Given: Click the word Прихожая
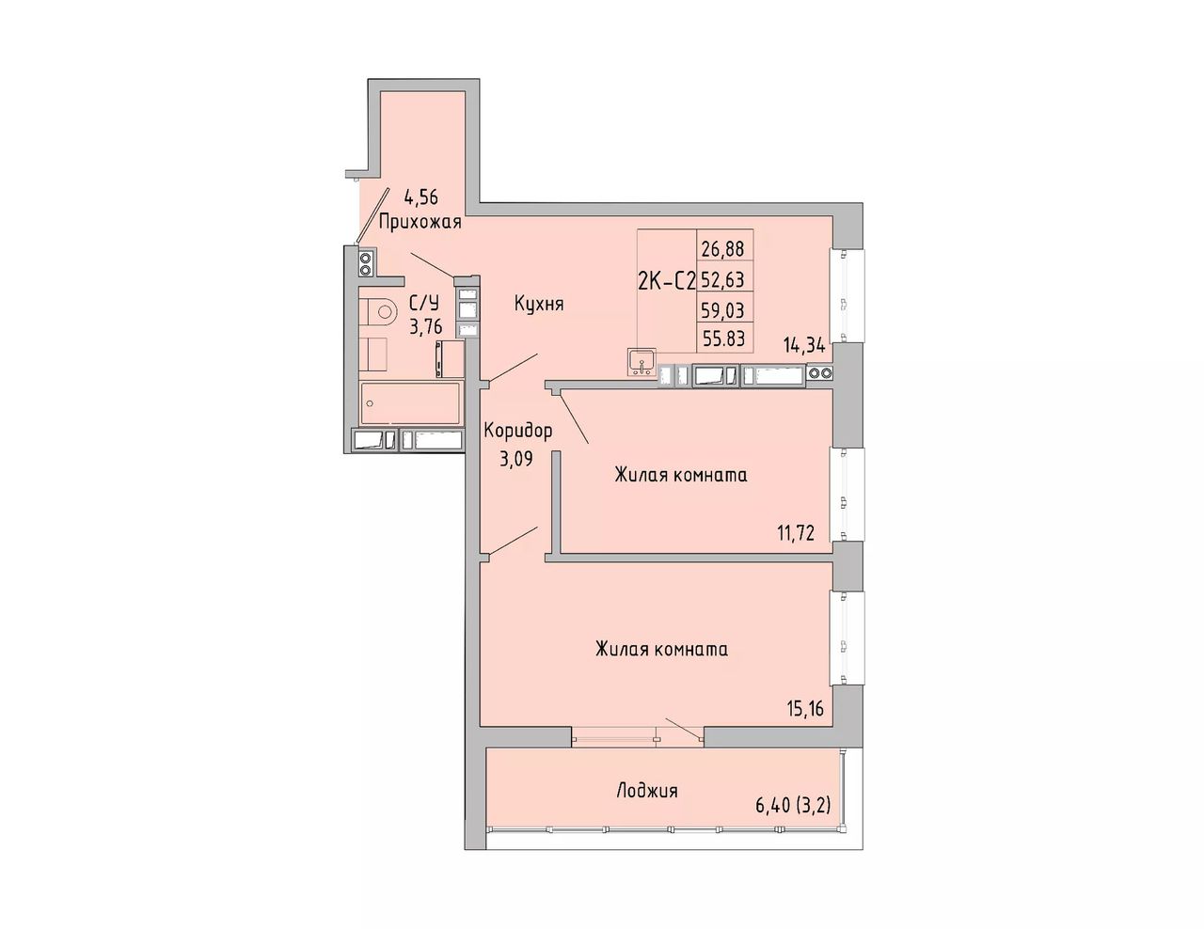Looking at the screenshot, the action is pos(420,223).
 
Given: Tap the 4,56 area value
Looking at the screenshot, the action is pos(421,197).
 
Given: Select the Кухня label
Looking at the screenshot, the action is pos(539,304).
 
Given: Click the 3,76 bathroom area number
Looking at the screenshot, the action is pos(425,328).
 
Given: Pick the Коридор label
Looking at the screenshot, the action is pos(518,431).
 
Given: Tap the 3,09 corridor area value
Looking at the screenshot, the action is pos(515,459).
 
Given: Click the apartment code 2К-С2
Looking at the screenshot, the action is pos(667,282).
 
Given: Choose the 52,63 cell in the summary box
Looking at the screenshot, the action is pos(722,279).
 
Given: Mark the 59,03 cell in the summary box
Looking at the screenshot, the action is pos(722,309).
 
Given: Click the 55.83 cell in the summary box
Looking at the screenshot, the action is pos(723,338).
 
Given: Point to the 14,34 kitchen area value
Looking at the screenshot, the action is pos(804,347).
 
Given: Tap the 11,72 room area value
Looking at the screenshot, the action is pos(795,533).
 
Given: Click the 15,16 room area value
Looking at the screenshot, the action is pos(804,708).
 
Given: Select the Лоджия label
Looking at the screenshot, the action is pos(646,791).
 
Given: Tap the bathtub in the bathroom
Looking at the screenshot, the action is pos(410,403).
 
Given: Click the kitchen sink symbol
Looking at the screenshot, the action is pos(642,362).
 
